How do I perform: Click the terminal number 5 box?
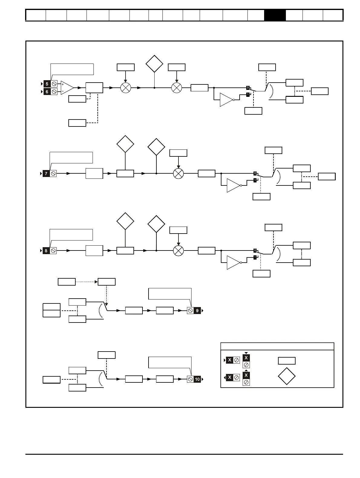pyautogui.click(x=47, y=84)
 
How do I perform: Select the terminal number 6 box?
pyautogui.click(x=47, y=92)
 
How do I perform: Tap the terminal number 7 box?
pyautogui.click(x=46, y=174)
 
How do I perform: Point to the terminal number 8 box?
pyautogui.click(x=46, y=251)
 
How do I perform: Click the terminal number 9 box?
pyautogui.click(x=197, y=311)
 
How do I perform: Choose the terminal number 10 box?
pyautogui.click(x=197, y=379)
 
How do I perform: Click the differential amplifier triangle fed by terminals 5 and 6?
pyautogui.click(x=67, y=88)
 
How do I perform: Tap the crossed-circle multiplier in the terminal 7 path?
pyautogui.click(x=178, y=174)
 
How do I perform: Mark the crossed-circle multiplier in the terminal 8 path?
pyautogui.click(x=178, y=251)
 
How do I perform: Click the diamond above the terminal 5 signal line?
pyautogui.click(x=154, y=64)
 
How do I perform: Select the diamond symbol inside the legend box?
pyautogui.click(x=286, y=376)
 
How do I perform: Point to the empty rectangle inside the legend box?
pyautogui.click(x=286, y=361)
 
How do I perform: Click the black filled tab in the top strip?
pyautogui.click(x=275, y=15)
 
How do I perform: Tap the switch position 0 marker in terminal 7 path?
pyautogui.click(x=255, y=173)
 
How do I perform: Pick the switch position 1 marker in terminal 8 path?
pyautogui.click(x=255, y=257)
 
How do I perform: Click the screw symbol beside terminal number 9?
pyautogui.click(x=190, y=311)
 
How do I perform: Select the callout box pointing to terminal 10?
pyautogui.click(x=170, y=362)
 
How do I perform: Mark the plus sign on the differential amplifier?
pyautogui.click(x=63, y=84)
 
